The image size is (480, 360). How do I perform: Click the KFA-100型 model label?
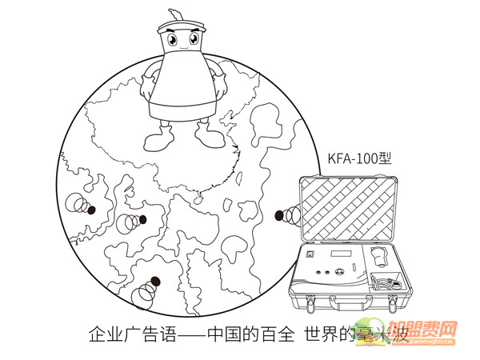pos(353,158)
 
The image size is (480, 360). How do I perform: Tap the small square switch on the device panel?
pos(311,254)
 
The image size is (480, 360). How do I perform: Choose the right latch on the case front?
pos(393,302)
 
